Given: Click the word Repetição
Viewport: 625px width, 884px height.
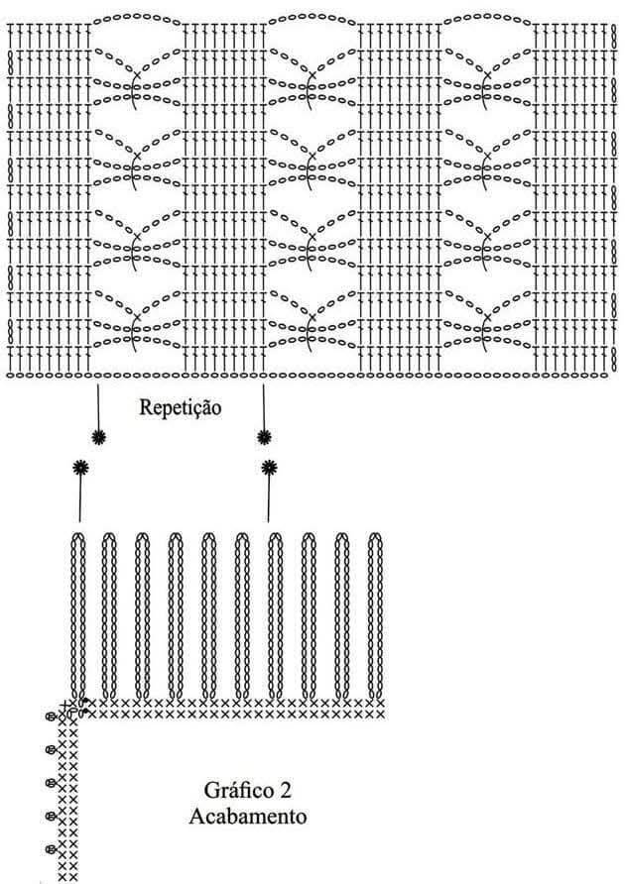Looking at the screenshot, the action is click(181, 407).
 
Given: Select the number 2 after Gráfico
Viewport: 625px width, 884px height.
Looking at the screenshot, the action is click(285, 791).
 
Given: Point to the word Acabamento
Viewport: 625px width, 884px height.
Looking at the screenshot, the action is click(247, 816).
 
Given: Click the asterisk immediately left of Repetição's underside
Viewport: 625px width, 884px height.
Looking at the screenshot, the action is click(99, 437).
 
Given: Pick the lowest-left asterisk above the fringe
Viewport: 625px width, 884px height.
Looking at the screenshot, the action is click(80, 468).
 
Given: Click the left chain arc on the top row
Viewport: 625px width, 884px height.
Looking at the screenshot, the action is click(137, 16).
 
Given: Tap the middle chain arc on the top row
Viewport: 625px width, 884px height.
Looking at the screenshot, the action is click(312, 16).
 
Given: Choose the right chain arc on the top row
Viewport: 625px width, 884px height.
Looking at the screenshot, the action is click(488, 16).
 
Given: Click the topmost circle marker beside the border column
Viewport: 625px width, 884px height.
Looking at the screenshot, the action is click(51, 717).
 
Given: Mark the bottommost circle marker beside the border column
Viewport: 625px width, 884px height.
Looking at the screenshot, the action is click(51, 848).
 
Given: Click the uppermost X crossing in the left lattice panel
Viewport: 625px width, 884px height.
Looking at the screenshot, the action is click(137, 74).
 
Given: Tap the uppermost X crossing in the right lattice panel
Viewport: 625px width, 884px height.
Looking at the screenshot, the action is click(487, 74).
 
